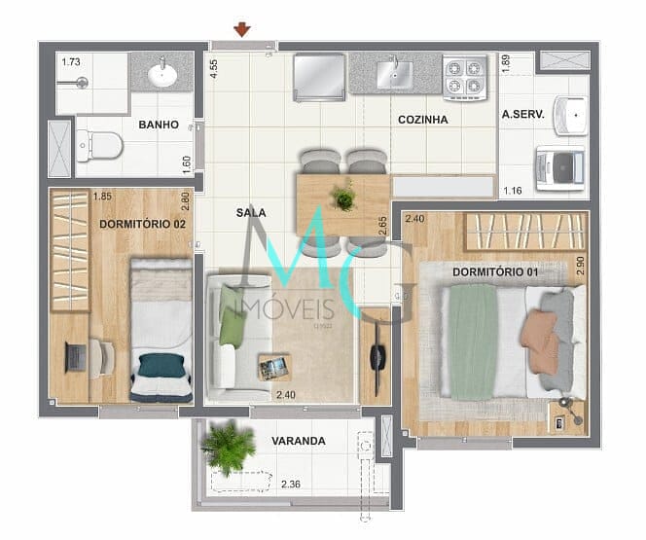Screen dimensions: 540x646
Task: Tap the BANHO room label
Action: tap(157, 125)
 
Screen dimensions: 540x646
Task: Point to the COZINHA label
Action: tap(422, 120)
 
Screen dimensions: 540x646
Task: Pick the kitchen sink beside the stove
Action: tap(397, 72)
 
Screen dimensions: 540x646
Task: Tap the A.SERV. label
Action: tap(521, 115)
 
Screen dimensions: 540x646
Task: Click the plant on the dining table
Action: tap(342, 198)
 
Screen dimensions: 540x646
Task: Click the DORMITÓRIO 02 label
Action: tap(142, 224)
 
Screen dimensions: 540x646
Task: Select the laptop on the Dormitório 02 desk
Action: tap(75, 357)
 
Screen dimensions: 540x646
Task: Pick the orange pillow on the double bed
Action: tap(536, 331)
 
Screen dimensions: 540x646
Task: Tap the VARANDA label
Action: tap(298, 441)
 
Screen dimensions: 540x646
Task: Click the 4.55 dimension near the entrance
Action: tap(212, 68)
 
